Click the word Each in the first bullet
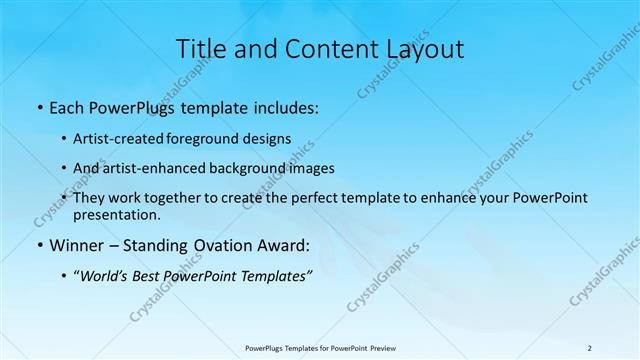click(x=66, y=106)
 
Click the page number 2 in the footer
click(x=589, y=347)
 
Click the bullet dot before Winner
click(x=39, y=246)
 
